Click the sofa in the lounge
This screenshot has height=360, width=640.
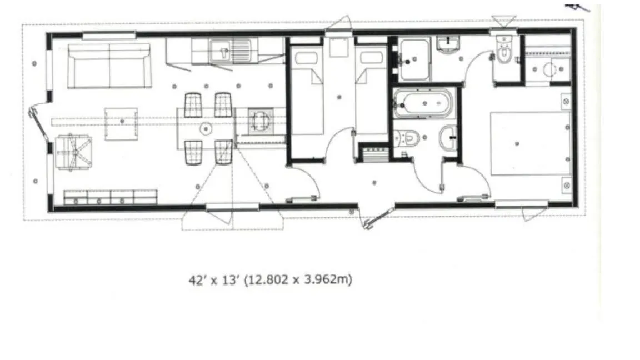point(109,66)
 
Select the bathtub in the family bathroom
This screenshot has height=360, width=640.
point(423,103)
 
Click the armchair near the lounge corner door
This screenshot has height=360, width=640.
point(74,153)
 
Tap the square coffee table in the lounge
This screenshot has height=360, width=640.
point(121,124)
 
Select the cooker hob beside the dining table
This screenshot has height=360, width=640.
point(261,121)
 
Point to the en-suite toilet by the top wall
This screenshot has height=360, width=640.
point(504,50)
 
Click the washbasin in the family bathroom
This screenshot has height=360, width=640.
point(448,138)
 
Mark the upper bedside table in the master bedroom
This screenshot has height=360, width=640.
point(566,101)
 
